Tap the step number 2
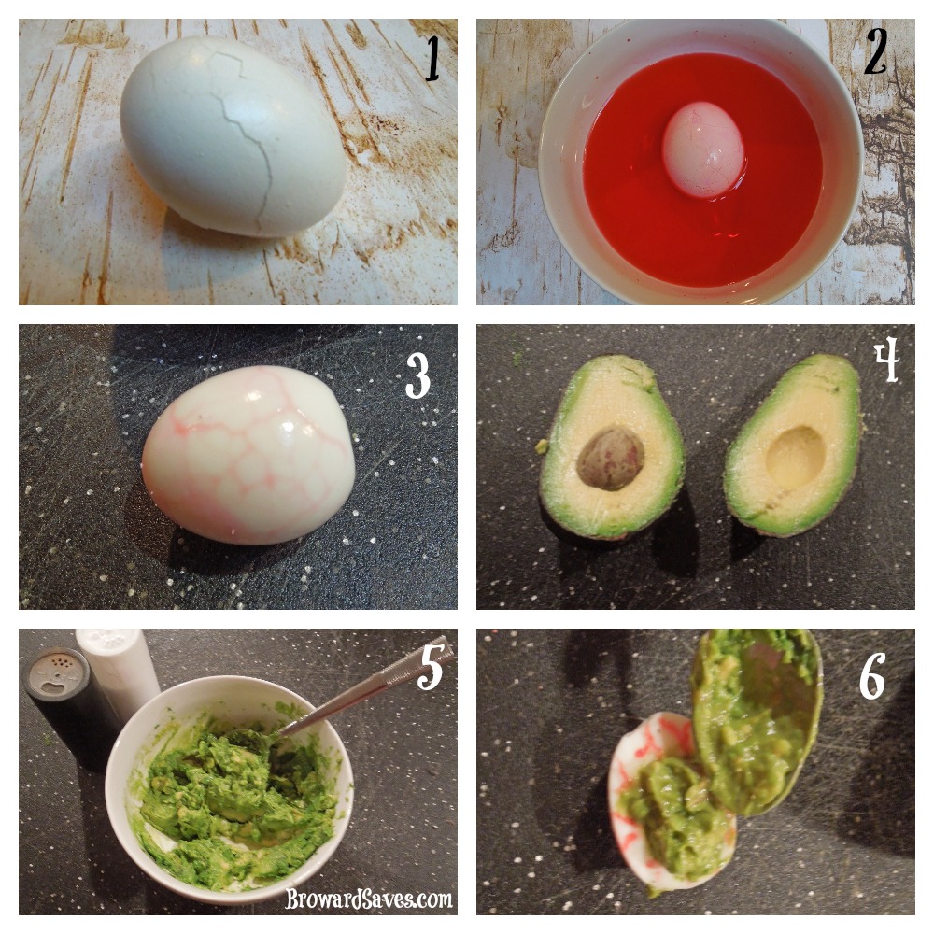pyautogui.click(x=876, y=51)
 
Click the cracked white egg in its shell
pyautogui.click(x=233, y=137)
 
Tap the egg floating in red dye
pyautogui.click(x=703, y=150)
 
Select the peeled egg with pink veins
pyautogui.click(x=248, y=455)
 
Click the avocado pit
pyautogui.click(x=611, y=458)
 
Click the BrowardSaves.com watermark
pyautogui.click(x=369, y=899)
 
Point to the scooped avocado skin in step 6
pyautogui.click(x=757, y=721)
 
